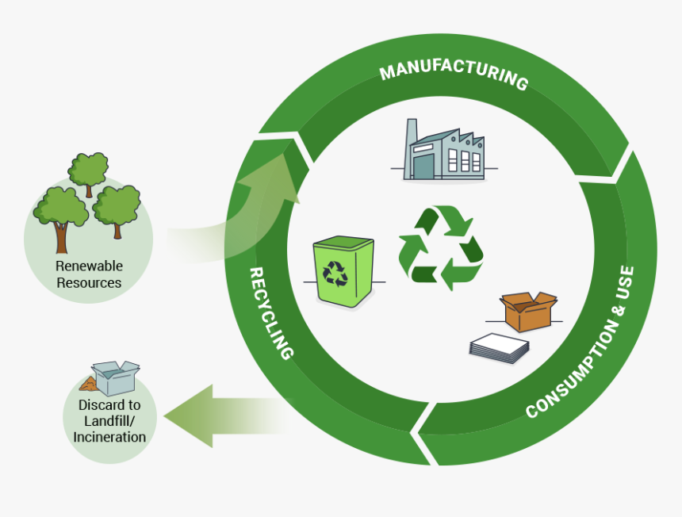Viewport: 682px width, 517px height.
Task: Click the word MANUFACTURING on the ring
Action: (453, 75)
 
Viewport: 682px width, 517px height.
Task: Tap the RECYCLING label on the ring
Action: (270, 313)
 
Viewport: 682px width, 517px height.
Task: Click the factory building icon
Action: (445, 153)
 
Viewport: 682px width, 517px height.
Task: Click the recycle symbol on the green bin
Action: (335, 273)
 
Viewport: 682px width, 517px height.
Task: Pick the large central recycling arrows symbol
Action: (441, 247)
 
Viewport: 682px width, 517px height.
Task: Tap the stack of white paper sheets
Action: (499, 347)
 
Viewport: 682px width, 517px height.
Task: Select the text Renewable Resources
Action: (89, 274)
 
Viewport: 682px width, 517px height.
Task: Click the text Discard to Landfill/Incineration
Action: (109, 420)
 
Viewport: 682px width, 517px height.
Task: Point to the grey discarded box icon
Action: (116, 377)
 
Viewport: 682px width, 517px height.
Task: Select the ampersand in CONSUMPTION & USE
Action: (611, 312)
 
